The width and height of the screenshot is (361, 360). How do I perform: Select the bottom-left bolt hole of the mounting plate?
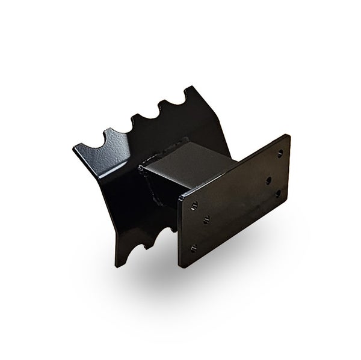point(193,248)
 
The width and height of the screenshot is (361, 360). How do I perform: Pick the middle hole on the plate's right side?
point(268,180)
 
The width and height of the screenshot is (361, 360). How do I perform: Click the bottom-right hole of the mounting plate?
point(279,193)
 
